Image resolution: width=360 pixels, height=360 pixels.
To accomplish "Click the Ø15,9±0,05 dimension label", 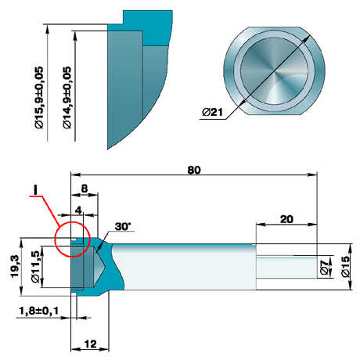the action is pos(40,98).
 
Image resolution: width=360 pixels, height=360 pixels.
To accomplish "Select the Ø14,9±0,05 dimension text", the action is pos(67,98).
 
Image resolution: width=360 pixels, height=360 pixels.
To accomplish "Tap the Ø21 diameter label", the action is pos(213,112).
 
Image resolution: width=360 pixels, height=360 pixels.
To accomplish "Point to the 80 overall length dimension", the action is pos(194,170).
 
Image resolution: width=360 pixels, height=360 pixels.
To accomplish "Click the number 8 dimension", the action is pos(85,189).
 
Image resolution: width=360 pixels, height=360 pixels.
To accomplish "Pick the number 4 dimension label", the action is pos(79,210).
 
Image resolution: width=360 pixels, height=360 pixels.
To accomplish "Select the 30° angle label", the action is pos(123,226).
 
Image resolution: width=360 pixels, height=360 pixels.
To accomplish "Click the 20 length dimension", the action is pos(286,219).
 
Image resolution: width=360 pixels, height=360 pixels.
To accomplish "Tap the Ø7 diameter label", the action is pos(325,267).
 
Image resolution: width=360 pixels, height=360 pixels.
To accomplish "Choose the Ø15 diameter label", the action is pos(345,266).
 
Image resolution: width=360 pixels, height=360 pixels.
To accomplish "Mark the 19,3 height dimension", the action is pos(15,266).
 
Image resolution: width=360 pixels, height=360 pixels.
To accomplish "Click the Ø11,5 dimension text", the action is pos(35,267).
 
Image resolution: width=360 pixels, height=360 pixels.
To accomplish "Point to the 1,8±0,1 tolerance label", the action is pos(39,311).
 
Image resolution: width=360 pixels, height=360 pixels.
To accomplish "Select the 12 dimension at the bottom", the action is pos(90,344).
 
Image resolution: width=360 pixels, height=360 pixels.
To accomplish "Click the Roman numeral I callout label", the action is pos(36,189).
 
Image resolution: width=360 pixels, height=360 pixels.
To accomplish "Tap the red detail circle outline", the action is pos(56,239).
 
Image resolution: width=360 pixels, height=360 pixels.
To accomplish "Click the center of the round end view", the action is pos(275,71).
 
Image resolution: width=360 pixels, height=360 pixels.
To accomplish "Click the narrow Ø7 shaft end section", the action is pos(286,267).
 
